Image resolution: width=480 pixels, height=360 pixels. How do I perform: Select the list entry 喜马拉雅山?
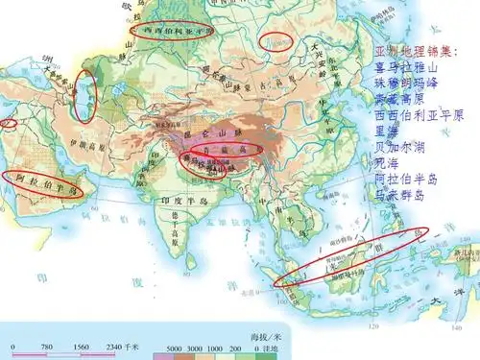click(405, 67)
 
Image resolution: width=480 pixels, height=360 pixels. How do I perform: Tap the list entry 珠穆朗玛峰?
click(405, 83)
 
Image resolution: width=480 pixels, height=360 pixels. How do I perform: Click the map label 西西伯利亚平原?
click(176, 30)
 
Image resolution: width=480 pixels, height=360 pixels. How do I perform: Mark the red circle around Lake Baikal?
click(277, 40)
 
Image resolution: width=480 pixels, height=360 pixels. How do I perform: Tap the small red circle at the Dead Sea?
click(9, 122)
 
